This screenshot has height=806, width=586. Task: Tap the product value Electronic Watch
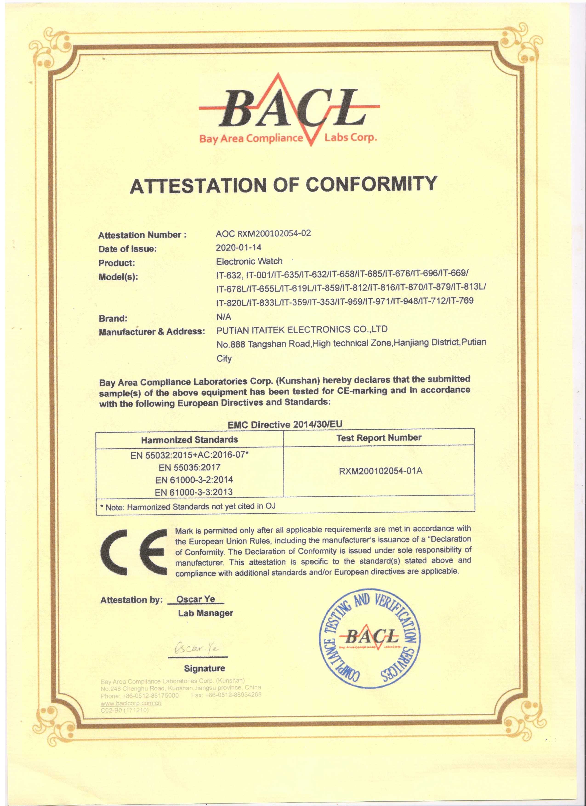(249, 261)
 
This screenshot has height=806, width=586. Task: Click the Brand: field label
(113, 318)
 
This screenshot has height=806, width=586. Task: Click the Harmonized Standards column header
(189, 440)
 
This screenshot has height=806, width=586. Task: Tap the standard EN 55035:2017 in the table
(189, 467)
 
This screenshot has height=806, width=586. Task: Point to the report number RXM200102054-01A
(380, 471)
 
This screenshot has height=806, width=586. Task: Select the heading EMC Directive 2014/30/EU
(285, 424)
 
